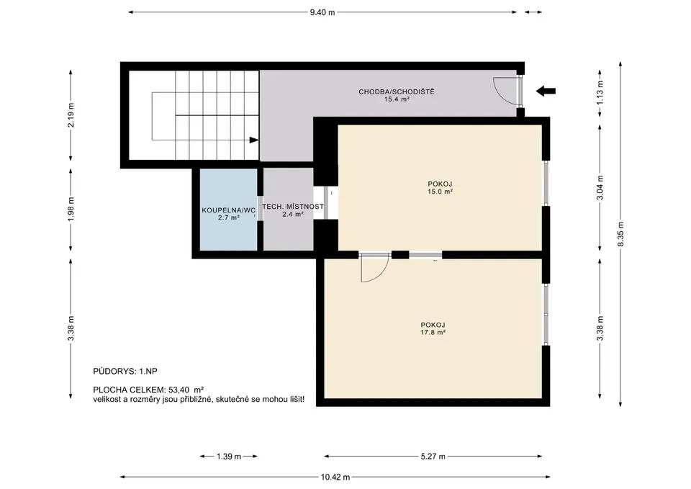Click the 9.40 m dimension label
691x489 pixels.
pos(322,12)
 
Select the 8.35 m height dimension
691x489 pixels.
pos(620,233)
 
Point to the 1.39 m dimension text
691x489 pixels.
pos(229,457)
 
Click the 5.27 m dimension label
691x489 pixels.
pos(433,457)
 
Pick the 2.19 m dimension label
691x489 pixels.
pos(71,115)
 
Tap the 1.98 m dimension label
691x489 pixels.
pos(71,210)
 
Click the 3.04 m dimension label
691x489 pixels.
pos(600,187)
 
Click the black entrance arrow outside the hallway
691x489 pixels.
pos(546,91)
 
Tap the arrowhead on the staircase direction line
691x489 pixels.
pos(254,140)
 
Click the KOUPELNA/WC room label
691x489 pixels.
pos(229,210)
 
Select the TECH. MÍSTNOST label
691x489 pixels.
pos(293,207)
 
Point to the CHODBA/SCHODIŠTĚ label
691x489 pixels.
pos(397,91)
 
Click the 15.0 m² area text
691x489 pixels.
pos(441,192)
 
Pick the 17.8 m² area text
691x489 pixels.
pos(433,333)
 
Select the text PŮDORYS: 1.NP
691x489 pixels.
pos(125,372)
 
